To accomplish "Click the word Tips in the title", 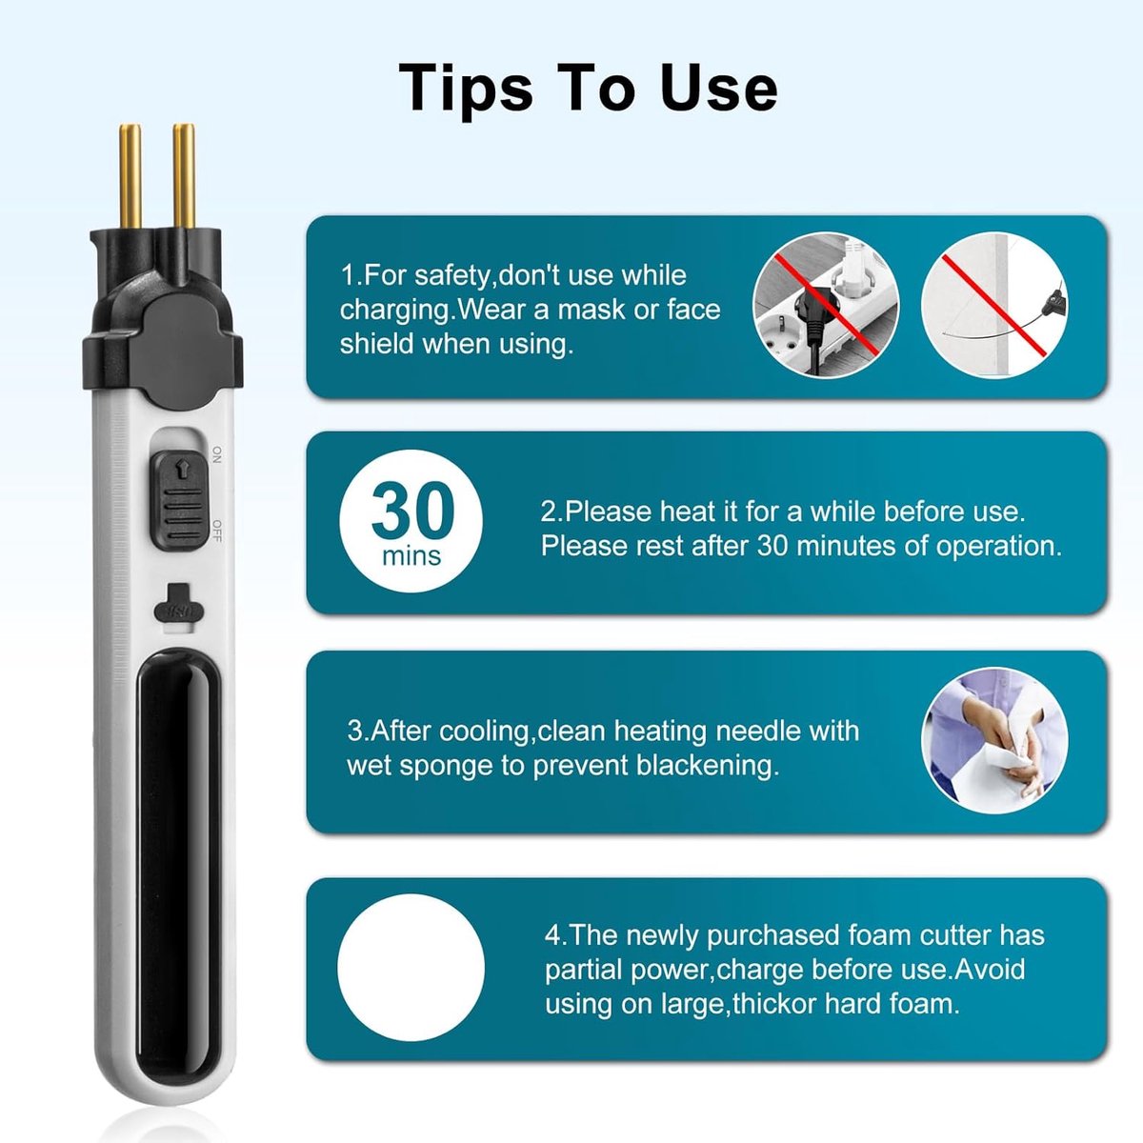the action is [465, 89].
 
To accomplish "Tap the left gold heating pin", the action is [130, 178].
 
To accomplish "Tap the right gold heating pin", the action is [184, 176].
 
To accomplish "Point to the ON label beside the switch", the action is [216, 454].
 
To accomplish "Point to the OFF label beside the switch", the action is [216, 531].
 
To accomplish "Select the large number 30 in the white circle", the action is [412, 510].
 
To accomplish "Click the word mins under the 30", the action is [411, 555].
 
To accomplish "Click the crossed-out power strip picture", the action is [826, 306].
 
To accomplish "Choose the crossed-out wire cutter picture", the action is [994, 306].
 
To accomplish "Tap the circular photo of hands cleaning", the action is [994, 741].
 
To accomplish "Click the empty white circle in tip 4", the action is [411, 968].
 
